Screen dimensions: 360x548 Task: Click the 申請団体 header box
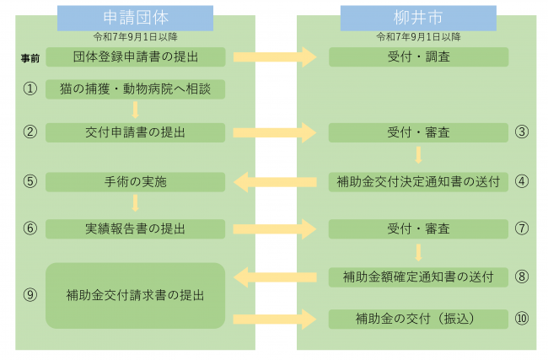(135, 18)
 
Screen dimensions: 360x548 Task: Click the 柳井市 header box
(419, 18)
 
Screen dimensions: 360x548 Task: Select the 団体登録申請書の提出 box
(136, 57)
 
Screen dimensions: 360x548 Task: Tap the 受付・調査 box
(418, 57)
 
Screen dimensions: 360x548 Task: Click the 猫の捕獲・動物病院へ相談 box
(136, 89)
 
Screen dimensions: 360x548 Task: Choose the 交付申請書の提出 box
(136, 132)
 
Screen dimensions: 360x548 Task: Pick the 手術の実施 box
(136, 181)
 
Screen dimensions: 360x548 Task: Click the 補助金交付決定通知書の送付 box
(418, 181)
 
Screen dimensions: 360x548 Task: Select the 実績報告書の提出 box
(136, 228)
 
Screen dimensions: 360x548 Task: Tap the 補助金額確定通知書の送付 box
(418, 276)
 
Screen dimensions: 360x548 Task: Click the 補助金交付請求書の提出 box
(136, 295)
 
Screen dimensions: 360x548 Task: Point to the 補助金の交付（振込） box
(418, 319)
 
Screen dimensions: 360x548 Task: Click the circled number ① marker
(30, 89)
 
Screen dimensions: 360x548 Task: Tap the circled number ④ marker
(522, 181)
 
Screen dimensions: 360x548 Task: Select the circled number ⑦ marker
(522, 228)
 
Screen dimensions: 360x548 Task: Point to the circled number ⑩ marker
(522, 319)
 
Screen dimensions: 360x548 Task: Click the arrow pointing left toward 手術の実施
(275, 181)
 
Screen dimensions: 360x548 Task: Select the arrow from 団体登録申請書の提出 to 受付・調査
(275, 57)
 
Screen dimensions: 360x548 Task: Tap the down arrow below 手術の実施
(135, 204)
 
